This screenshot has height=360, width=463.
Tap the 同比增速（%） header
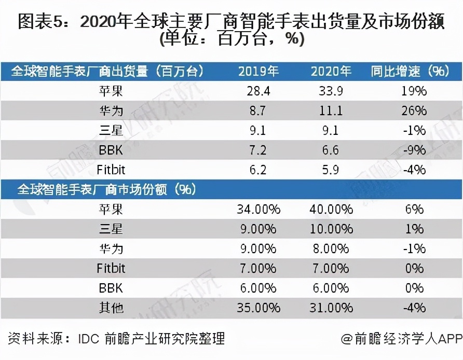(x=410, y=72)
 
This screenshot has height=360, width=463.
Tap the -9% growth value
(x=414, y=150)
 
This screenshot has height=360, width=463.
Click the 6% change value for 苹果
(x=415, y=209)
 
